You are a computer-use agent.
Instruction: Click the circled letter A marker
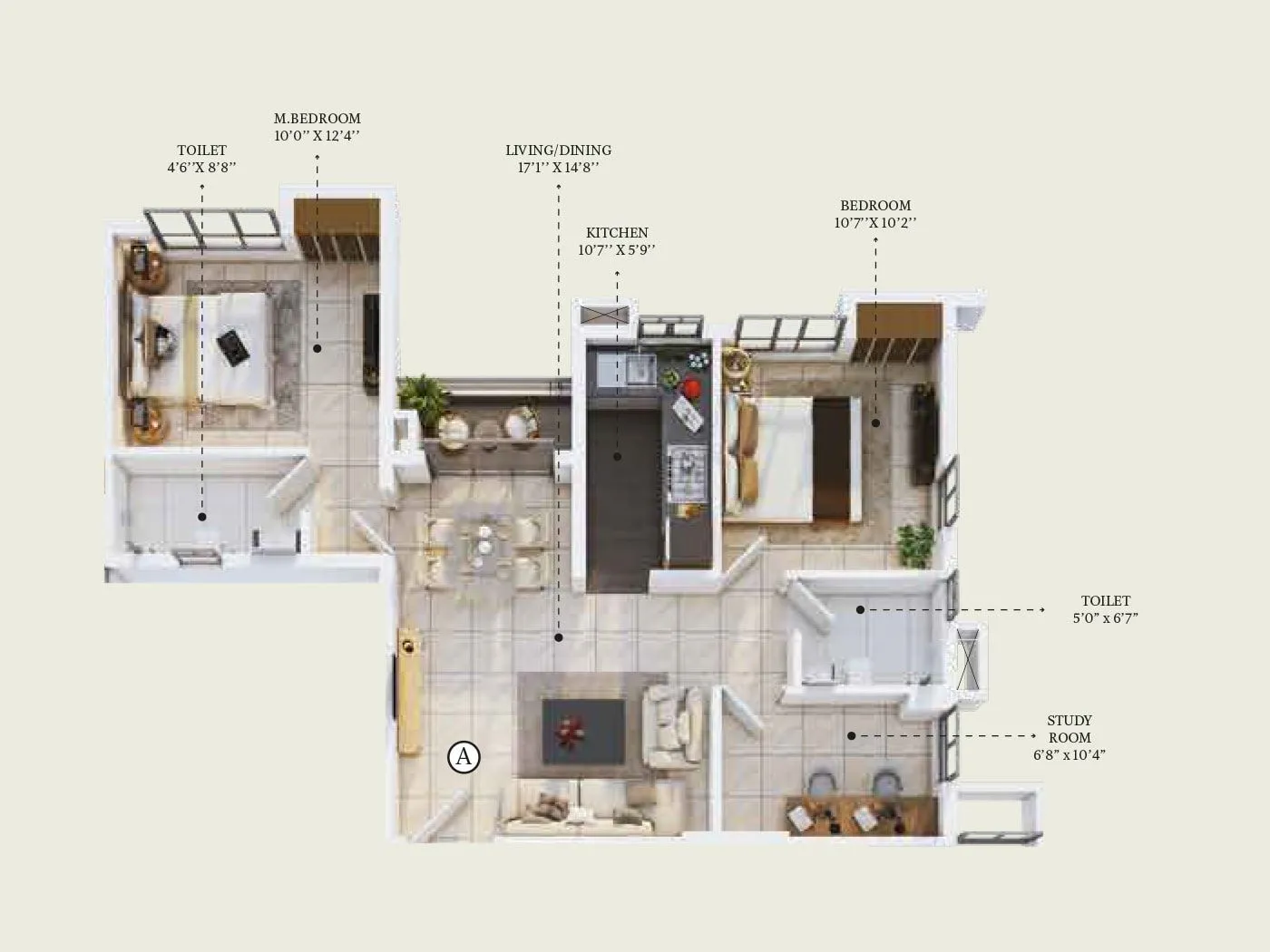coord(464,756)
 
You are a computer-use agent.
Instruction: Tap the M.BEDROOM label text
coord(317,119)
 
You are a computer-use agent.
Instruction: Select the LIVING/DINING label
coord(558,151)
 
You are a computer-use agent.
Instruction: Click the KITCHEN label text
coord(617,233)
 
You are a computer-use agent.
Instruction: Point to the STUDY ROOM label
coord(1070,729)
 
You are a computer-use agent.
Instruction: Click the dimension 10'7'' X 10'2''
coord(875,223)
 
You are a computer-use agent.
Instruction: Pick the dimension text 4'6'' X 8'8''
coord(201,168)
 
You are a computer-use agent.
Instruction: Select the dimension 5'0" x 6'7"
coord(1105,618)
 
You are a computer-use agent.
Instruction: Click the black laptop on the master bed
coord(232,347)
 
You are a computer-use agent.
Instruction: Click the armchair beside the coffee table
coord(672,725)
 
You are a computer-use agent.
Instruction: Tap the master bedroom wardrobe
coord(336,229)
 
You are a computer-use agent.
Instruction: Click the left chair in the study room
coord(821,784)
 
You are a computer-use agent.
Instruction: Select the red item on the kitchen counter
coord(691,388)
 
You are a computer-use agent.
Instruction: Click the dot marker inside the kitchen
coord(617,456)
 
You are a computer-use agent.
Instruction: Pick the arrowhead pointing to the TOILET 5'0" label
coord(1043,610)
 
